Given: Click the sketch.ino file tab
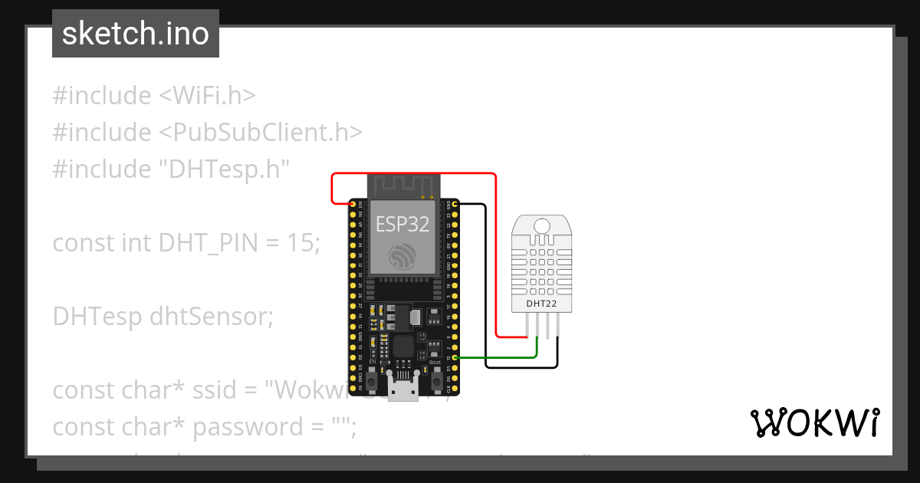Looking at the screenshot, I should (136, 34).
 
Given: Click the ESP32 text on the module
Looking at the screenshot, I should (402, 224).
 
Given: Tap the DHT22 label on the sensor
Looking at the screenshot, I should (541, 304).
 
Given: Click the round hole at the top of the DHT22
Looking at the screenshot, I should (541, 225).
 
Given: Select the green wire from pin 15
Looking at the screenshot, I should (498, 358).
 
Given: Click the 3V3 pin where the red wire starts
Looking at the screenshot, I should (352, 204).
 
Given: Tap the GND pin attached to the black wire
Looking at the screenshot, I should (455, 204).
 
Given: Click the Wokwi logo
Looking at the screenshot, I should (814, 423).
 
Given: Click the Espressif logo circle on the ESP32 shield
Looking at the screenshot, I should (402, 256).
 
